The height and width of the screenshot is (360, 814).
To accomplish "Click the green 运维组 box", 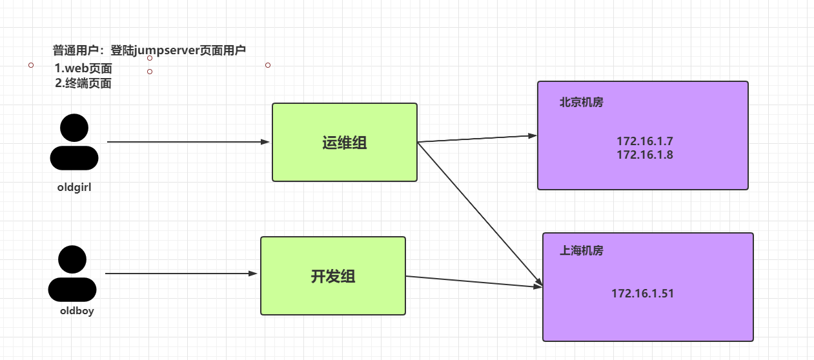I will point(344,143).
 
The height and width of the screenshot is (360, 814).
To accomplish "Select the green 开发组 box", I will point(332,276).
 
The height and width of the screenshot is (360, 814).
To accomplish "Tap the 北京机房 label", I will point(581,102).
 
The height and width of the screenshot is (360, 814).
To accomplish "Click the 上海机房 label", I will point(581,251).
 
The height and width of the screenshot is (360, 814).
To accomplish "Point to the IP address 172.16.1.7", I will point(644,141).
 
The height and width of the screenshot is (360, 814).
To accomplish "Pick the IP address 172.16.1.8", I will point(644,155).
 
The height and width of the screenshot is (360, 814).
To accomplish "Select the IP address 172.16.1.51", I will point(642,294).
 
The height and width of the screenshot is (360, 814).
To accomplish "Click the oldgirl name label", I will point(75,187).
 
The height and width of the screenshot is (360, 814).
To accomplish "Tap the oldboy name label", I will point(77,312).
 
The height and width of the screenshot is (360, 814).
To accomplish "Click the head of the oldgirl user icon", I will point(74,128).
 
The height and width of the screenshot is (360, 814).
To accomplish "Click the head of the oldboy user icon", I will point(72,259).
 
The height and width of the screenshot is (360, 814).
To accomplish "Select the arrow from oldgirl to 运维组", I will point(187,141).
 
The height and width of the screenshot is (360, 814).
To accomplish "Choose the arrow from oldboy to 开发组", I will point(181,274).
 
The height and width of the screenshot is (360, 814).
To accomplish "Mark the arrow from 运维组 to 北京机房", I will point(478,139).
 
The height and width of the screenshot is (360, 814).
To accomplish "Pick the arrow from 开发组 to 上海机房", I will point(474,281).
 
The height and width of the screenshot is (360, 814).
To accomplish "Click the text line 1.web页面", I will point(83,68).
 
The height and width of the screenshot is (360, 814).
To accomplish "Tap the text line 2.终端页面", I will point(83,83).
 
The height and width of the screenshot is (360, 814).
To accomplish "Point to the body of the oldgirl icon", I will point(74,157).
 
